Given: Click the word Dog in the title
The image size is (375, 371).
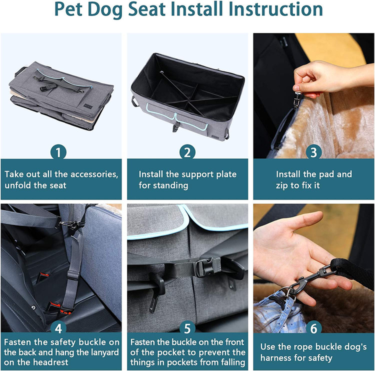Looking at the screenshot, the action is [x=105, y=9].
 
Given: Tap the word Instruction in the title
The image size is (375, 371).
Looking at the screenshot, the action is [x=275, y=9].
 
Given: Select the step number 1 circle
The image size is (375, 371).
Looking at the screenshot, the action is [x=58, y=152].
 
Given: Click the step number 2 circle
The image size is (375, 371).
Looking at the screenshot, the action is [x=187, y=152].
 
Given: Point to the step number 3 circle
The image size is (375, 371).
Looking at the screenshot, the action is [x=313, y=152].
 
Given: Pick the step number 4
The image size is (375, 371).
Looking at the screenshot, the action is [x=58, y=328].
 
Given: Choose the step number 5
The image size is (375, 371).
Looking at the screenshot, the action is [x=187, y=328].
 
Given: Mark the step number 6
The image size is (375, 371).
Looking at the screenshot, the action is [x=313, y=328].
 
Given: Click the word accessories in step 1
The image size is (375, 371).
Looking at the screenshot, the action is [x=94, y=174].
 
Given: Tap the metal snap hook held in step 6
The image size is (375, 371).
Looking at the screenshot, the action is [x=311, y=278].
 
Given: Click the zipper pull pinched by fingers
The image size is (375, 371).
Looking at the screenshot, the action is [x=297, y=99].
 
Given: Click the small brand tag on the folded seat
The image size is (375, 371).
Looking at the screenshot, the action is [x=88, y=106].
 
